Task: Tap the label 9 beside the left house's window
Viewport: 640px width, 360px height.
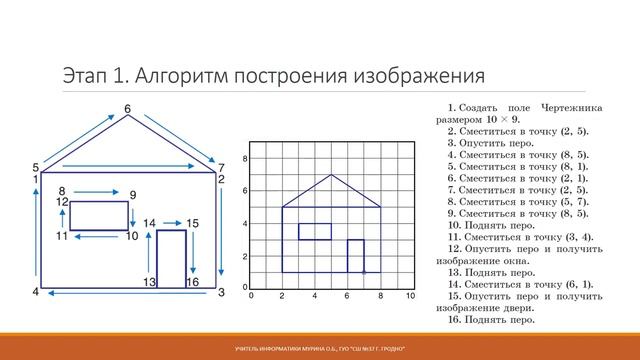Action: click(x=133, y=193)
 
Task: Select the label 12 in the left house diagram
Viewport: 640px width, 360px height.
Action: click(x=62, y=202)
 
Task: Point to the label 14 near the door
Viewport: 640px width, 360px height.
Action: click(x=149, y=223)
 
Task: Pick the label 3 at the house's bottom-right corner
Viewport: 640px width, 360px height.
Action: click(x=221, y=292)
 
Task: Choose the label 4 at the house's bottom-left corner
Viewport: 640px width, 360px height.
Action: click(x=35, y=292)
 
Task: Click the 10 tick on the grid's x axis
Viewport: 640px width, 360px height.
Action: click(x=410, y=297)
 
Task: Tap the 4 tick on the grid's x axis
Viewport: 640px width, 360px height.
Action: click(x=314, y=297)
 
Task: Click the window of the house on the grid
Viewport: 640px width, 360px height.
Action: click(x=315, y=231)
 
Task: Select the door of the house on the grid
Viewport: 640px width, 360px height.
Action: click(x=355, y=256)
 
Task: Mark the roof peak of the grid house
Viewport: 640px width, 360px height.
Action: click(x=331, y=175)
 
